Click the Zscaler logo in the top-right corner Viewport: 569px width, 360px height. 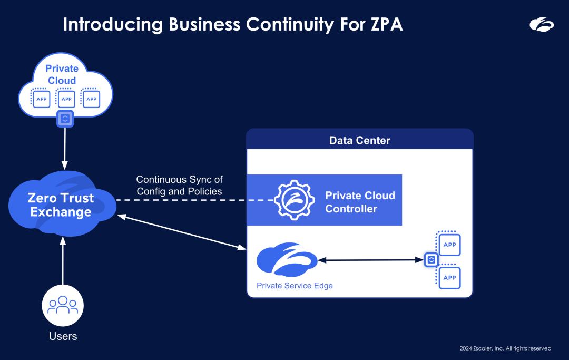542,24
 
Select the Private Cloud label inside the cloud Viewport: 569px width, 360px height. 62,74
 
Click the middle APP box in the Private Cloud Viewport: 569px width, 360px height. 66,99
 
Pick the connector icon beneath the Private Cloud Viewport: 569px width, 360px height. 65,119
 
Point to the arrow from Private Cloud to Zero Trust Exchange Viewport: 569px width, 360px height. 65,148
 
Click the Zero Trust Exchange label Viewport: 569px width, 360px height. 61,205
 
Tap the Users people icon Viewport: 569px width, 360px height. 63,305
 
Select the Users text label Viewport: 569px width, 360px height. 63,336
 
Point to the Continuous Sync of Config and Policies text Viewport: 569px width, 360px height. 179,186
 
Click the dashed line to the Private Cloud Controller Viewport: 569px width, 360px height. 195,200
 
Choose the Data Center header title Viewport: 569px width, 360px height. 360,140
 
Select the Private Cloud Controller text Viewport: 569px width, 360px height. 360,202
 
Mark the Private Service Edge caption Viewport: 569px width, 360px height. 295,286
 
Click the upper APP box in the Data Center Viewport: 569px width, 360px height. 449,245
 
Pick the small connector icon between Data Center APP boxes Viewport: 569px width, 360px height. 431,260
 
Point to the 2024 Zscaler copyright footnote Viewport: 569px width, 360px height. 505,348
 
